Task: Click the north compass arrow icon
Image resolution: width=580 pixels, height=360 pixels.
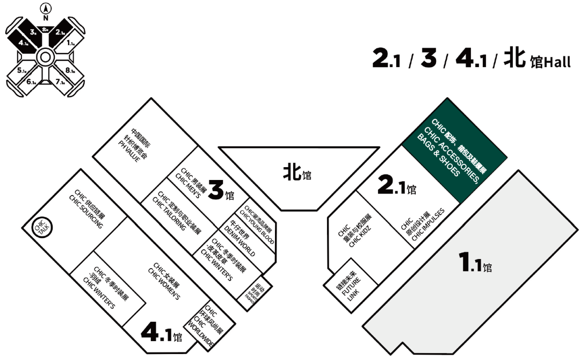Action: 45,8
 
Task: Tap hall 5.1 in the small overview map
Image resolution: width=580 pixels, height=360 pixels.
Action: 23,70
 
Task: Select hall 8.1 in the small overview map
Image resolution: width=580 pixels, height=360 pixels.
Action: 70,70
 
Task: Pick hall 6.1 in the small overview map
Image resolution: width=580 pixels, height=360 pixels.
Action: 31,82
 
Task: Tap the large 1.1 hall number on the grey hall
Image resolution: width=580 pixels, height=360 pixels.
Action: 473,264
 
